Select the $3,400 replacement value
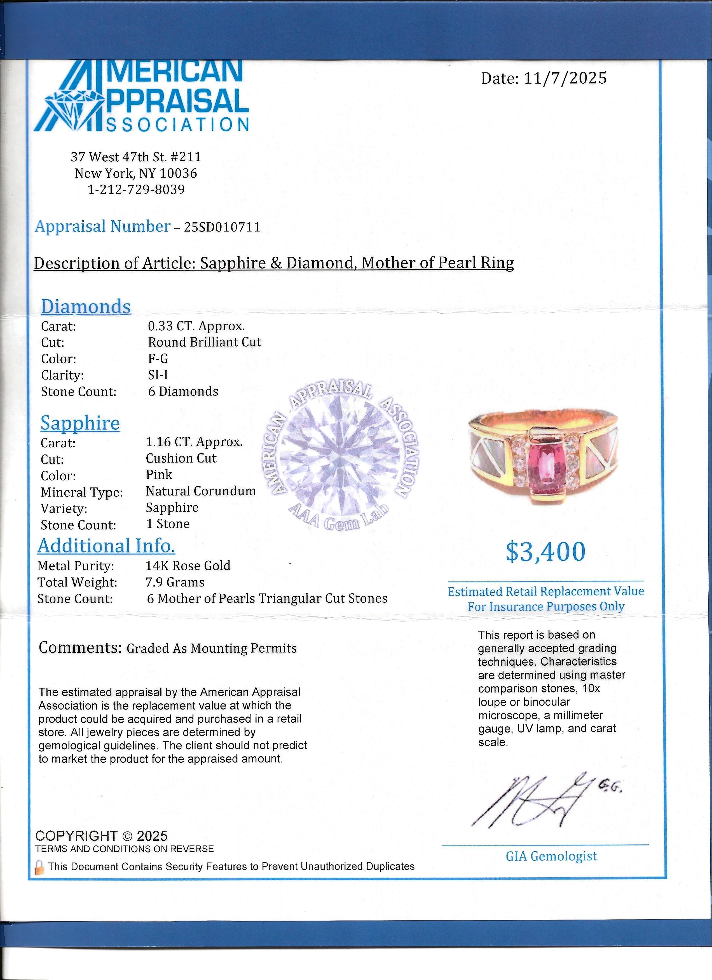(545, 552)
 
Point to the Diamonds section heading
(86, 307)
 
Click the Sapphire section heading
(80, 423)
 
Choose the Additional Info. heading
(106, 546)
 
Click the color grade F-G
(158, 359)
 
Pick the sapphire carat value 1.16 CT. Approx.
(194, 442)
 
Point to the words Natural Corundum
(201, 491)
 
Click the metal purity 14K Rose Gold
(188, 566)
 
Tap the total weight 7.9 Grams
(175, 583)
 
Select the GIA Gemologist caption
(551, 856)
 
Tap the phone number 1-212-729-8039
(136, 190)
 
